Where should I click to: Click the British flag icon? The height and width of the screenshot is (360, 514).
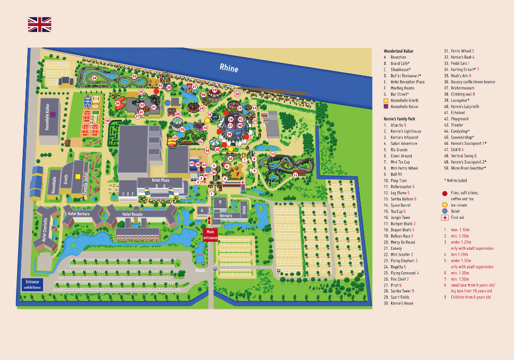point(39,24)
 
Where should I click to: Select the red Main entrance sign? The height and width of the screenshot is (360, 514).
point(210,235)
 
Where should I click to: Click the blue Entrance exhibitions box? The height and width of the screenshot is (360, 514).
point(31,284)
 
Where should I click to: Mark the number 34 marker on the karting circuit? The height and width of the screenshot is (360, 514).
point(94,78)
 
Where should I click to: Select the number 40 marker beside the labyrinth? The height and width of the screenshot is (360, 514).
point(107,121)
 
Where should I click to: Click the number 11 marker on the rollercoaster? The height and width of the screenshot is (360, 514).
point(295,174)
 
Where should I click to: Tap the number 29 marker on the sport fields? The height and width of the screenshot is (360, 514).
point(91,123)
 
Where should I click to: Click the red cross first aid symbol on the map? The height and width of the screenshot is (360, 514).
point(243,182)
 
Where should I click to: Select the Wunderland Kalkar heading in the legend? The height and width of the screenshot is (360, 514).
point(399,51)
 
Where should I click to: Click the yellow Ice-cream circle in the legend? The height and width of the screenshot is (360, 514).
point(444,204)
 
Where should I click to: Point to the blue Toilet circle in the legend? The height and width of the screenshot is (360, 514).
point(444,211)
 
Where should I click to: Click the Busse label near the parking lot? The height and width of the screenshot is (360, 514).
point(200,271)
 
